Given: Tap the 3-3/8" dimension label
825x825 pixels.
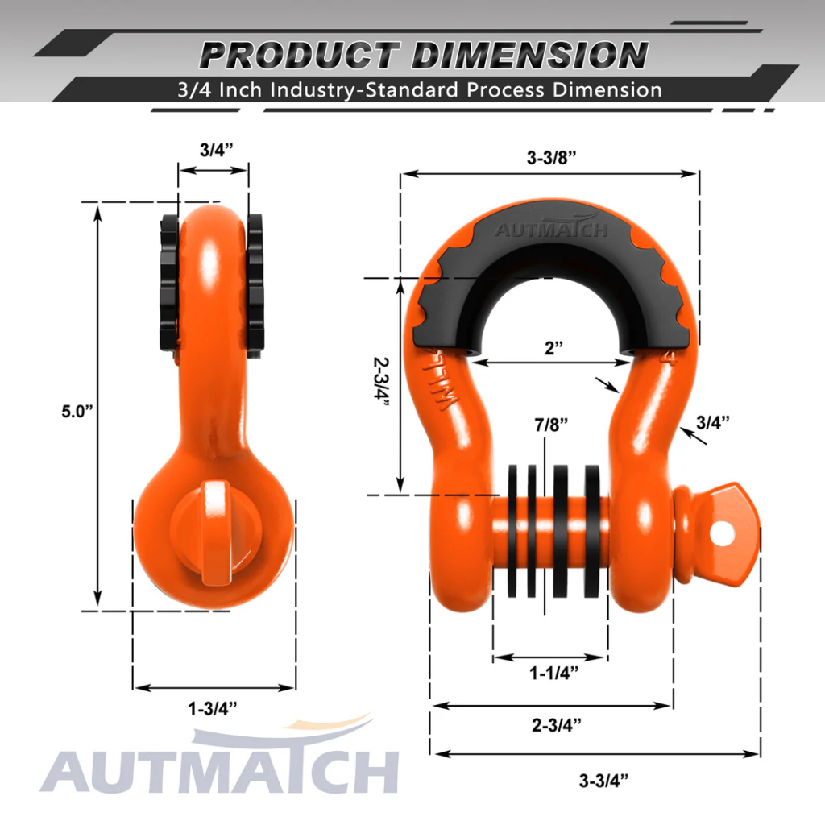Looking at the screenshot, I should coord(551,159).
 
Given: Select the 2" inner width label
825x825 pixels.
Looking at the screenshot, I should coord(553,348).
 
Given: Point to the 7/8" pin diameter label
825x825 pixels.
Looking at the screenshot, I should coord(553,424).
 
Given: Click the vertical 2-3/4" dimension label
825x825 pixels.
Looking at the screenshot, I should coord(381,385).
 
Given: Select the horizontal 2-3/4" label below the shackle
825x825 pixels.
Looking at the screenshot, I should coord(556,724).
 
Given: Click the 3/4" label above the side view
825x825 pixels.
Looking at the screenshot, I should coord(213,151).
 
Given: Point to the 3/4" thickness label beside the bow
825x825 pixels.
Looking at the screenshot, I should coord(713,421).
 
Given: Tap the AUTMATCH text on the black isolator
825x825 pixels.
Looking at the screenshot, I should coord(551,230).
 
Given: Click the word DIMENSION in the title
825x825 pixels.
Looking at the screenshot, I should coord(529,56).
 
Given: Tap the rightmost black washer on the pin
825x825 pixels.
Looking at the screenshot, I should coord(593,530).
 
